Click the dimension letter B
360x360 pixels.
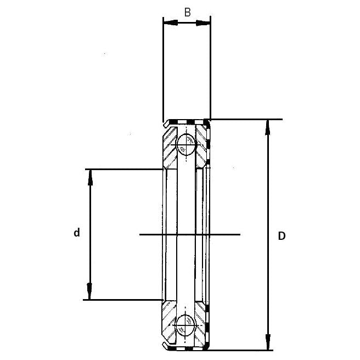tap(187, 13)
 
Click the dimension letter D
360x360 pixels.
tap(282, 236)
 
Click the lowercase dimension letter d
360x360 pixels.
tap(77, 233)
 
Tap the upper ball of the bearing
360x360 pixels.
tap(186, 144)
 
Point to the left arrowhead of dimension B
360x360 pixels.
tap(167, 23)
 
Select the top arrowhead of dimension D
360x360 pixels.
tap(268, 125)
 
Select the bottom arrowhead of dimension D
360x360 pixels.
tap(268, 344)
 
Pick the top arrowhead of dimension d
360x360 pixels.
tap(89, 174)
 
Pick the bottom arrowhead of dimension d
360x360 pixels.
tap(89, 295)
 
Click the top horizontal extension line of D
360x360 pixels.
tap(247, 119)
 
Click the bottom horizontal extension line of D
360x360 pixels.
tap(247, 350)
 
